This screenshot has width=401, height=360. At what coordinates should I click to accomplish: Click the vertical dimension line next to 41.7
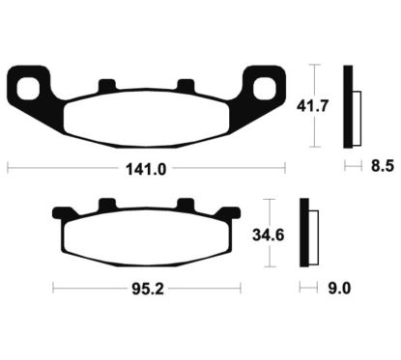click(314, 106)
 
